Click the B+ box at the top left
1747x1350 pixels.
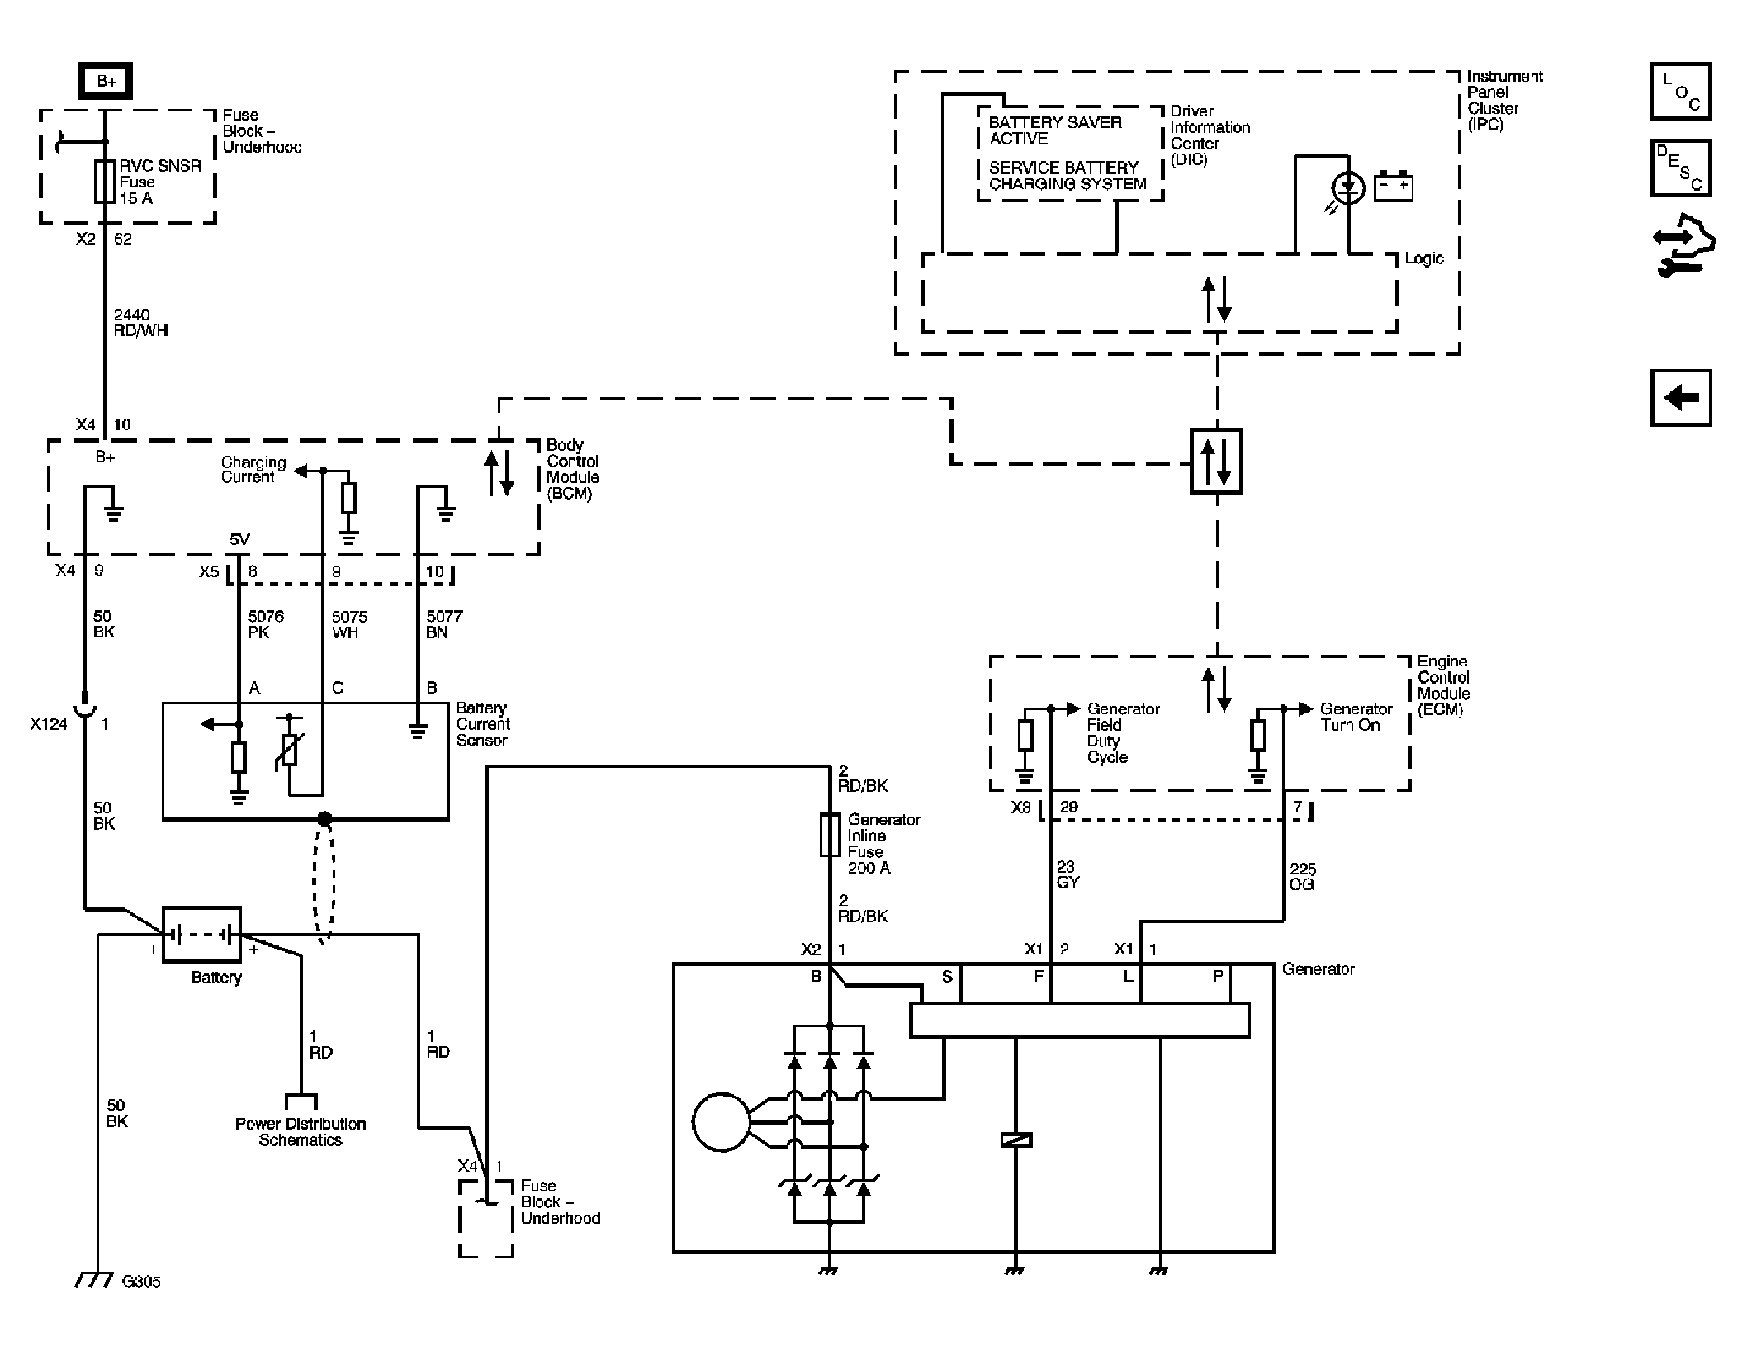(x=105, y=81)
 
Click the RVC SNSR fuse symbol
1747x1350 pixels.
(x=105, y=182)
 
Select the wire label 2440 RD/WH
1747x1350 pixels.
(x=141, y=322)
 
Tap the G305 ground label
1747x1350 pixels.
(x=141, y=1281)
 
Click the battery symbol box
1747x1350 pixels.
(x=201, y=935)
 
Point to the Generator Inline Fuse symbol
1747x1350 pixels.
(x=830, y=835)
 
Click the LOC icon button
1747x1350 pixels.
(x=1681, y=91)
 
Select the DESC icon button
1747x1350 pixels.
(x=1681, y=168)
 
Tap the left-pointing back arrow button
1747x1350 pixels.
(x=1681, y=398)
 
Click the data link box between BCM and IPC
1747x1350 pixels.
(x=1216, y=461)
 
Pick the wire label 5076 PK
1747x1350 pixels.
(x=265, y=624)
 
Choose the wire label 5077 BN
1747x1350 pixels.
(x=444, y=624)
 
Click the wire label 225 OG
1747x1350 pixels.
(x=1303, y=877)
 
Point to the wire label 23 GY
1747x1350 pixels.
(x=1068, y=874)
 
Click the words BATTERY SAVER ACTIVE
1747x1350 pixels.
(x=1055, y=130)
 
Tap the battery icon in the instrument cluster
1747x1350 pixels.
(x=1394, y=186)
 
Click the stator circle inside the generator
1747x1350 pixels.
(x=722, y=1122)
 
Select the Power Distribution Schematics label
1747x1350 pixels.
(x=301, y=1132)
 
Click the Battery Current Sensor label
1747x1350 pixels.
(x=483, y=724)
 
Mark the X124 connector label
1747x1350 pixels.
(x=49, y=724)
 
